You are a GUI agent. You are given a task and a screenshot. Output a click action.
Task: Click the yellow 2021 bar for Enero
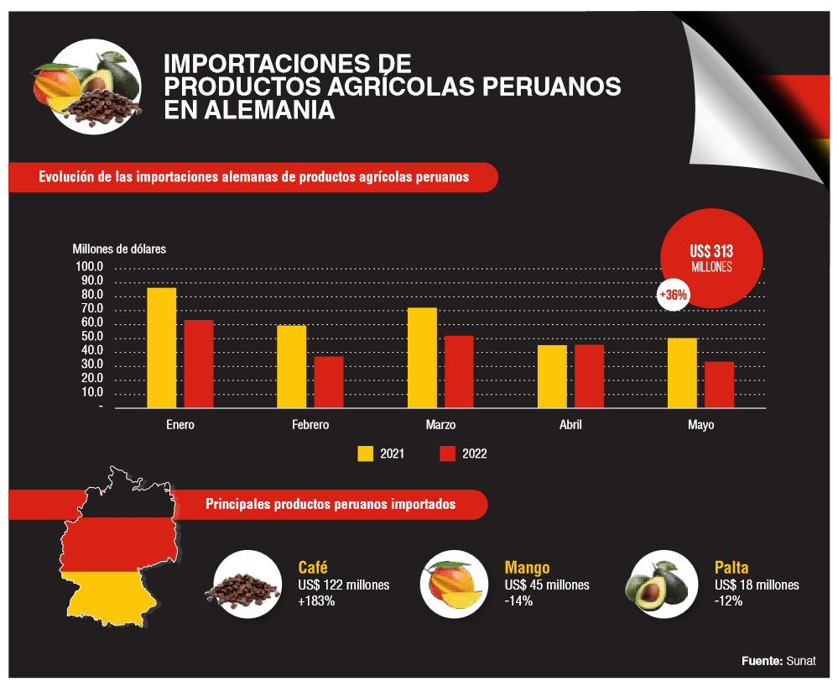162,348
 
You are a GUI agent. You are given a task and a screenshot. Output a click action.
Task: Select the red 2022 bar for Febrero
329,382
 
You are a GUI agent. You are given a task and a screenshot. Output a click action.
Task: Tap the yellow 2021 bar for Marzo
422,358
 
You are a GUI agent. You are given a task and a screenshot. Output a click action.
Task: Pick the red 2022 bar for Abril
589,376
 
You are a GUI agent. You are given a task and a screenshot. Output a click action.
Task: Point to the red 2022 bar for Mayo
719,385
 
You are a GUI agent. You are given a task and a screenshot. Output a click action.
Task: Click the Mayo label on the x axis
700,425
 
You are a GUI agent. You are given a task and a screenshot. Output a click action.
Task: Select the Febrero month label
310,425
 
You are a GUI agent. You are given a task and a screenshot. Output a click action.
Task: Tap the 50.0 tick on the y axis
89,338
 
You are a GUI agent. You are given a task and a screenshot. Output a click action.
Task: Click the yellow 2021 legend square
366,454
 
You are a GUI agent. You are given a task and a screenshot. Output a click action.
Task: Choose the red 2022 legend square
448,454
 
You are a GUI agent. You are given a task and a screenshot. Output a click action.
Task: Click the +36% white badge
673,296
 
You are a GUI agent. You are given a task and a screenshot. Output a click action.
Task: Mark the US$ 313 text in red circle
711,250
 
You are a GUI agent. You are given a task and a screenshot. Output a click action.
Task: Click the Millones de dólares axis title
119,249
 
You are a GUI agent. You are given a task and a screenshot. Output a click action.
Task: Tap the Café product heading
313,567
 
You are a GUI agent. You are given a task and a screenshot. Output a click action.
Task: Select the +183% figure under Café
317,601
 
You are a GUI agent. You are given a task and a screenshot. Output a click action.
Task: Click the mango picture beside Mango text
454,585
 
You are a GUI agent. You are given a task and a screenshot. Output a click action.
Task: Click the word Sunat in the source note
801,661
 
